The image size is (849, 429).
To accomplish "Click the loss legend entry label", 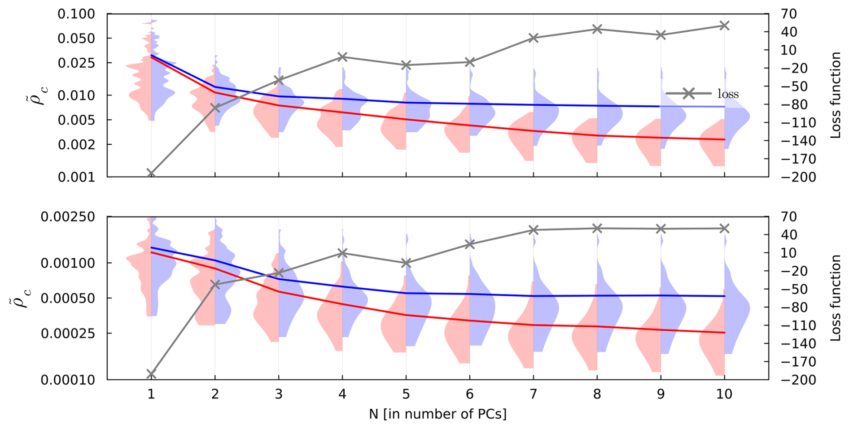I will tap(728, 94).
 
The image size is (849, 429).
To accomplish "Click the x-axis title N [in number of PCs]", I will tap(438, 414).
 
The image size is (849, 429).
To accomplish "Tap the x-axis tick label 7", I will tap(533, 394).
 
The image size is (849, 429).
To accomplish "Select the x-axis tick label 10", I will tap(724, 394).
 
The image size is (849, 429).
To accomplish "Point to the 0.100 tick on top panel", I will tap(76, 14).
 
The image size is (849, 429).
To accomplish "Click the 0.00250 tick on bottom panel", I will tap(68, 217).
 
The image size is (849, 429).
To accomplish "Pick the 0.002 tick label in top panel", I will tap(76, 144).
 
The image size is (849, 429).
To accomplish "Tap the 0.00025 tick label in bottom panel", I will tap(68, 333).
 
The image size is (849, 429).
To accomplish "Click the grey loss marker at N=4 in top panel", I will tap(342, 57).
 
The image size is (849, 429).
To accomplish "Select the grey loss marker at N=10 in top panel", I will tap(724, 26).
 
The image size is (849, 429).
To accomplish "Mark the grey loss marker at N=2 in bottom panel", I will tap(215, 284).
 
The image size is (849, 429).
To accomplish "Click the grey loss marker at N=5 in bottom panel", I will tap(406, 263).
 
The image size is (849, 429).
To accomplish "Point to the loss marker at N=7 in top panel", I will tap(533, 38).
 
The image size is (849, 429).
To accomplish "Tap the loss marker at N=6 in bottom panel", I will tap(470, 244).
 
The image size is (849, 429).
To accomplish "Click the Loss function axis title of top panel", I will tap(835, 95).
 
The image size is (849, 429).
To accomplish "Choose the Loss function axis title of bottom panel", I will tap(835, 298).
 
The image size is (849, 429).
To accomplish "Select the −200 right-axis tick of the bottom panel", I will tap(798, 380).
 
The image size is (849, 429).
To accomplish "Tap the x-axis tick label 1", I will tap(151, 394).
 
